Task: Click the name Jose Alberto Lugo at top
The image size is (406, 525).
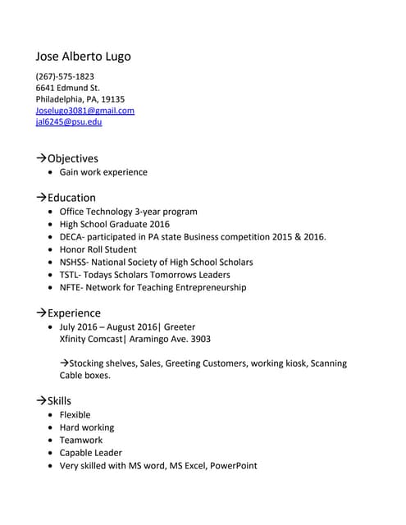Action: pos(83,57)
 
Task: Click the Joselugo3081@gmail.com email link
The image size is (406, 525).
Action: pos(84,110)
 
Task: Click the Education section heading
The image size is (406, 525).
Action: pos(71,198)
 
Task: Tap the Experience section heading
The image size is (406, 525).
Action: pos(74,313)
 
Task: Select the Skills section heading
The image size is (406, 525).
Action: pos(59,401)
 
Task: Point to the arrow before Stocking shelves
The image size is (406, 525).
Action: pos(65,363)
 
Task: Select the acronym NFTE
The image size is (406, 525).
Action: pos(71,288)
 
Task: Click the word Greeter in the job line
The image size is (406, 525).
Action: pos(180,326)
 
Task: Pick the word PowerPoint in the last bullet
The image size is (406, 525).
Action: pos(233,466)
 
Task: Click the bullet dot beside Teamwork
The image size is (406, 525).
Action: pos(52,441)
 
